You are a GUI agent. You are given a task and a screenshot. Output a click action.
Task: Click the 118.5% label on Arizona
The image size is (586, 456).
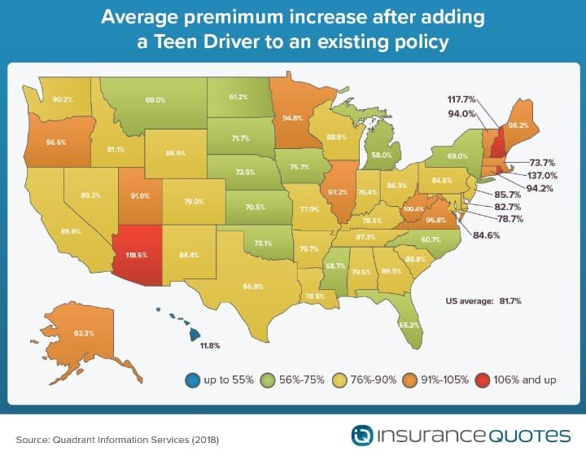point(137,256)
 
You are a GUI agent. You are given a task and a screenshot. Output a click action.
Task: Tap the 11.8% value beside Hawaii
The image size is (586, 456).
point(210,346)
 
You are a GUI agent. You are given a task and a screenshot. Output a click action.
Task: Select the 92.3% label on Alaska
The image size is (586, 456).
point(84,333)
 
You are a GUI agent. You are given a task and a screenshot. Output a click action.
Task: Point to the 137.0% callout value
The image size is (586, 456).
point(542,176)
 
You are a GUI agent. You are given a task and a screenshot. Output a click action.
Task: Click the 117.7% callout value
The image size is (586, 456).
point(461,99)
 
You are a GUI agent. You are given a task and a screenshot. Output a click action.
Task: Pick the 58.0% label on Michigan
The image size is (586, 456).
point(382,155)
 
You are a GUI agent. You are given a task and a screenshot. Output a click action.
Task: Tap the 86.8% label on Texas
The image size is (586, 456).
point(253,287)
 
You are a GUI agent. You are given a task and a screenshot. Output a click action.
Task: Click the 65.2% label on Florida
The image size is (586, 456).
point(409,325)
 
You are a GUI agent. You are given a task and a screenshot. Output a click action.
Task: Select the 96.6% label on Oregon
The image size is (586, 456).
point(56,142)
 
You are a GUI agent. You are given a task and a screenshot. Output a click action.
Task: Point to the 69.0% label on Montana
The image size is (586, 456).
point(155,100)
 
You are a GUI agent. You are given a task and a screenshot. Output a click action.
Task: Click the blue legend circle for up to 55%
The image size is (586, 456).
point(192,380)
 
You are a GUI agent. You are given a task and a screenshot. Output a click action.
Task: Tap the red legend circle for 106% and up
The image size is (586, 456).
point(483,380)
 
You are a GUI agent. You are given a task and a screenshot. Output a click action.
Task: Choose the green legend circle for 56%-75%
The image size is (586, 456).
point(268,380)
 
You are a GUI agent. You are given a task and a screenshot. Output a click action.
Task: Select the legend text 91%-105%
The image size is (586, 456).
point(444,380)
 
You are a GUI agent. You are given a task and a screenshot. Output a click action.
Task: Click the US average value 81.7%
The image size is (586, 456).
point(510,301)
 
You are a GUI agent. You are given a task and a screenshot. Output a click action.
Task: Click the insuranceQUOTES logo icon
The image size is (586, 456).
point(361,436)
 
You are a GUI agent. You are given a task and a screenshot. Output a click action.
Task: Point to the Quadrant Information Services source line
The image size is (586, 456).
point(117,440)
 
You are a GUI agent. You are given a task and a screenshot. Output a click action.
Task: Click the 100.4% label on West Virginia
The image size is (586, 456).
point(413,209)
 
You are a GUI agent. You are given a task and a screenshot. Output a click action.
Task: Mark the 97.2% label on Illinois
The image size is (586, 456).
point(338,192)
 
